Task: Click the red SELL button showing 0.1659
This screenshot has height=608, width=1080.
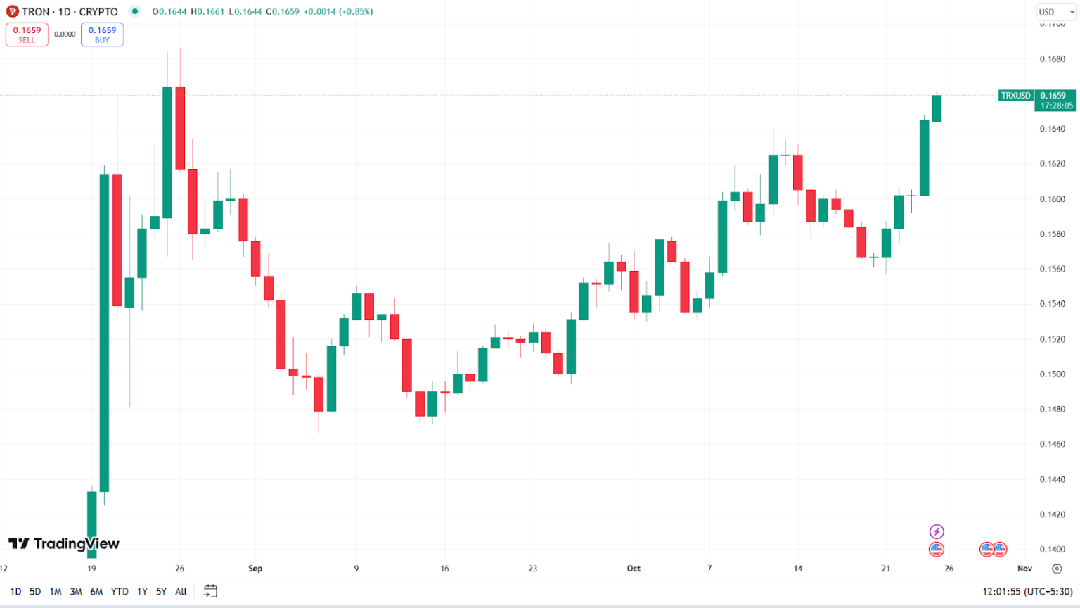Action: [x=27, y=34]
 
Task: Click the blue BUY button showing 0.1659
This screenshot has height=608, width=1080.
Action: [x=102, y=34]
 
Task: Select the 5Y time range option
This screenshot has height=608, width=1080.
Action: [x=161, y=592]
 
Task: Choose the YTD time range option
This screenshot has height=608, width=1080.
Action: [x=120, y=592]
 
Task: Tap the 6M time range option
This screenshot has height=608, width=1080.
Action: [x=96, y=592]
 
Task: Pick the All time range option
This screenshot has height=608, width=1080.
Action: [x=181, y=592]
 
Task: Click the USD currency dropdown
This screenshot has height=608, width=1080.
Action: [x=1056, y=12]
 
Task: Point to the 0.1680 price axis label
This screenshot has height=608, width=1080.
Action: [x=1053, y=59]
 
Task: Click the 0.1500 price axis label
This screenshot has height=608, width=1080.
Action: [x=1053, y=374]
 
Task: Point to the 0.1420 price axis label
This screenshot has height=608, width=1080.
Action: [x=1053, y=514]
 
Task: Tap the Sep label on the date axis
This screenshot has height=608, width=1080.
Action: [x=255, y=569]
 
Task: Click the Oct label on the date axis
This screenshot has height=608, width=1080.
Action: [x=634, y=569]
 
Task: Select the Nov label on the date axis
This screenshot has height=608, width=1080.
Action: [x=1024, y=569]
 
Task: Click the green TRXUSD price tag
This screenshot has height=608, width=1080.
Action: [x=1015, y=96]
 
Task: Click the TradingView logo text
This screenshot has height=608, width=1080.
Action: [x=76, y=544]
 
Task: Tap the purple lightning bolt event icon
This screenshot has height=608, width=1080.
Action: [x=937, y=531]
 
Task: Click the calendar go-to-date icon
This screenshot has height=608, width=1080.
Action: [x=210, y=591]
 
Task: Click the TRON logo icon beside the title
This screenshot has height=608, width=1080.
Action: [x=12, y=12]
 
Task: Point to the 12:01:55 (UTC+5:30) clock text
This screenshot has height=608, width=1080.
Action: [x=1027, y=592]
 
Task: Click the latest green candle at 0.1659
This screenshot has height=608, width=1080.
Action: [x=937, y=108]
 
